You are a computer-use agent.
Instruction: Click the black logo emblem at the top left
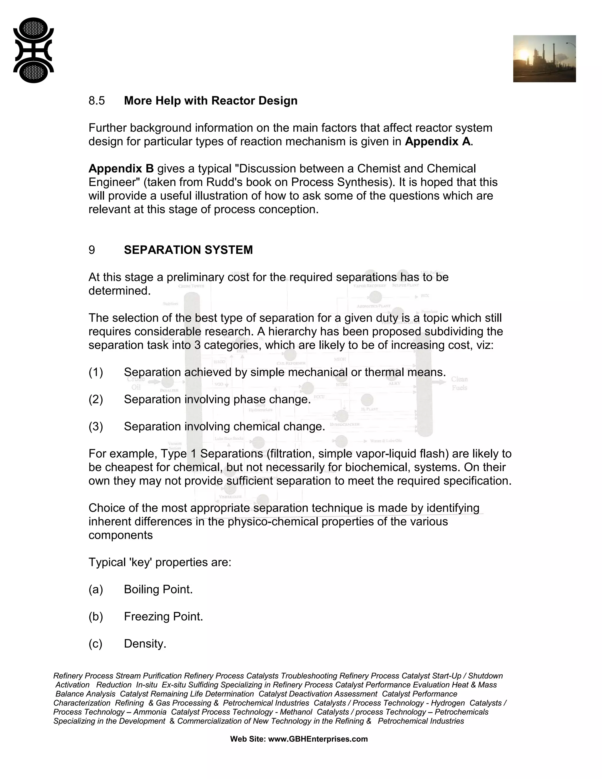pyautogui.click(x=33, y=50)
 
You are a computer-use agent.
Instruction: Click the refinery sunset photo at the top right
pyautogui.click(x=544, y=59)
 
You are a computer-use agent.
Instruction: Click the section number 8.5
pyautogui.click(x=97, y=101)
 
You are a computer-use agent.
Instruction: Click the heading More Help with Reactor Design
pyautogui.click(x=210, y=101)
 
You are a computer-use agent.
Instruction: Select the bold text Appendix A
pyautogui.click(x=438, y=142)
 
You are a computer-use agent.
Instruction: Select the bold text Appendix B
pyautogui.click(x=121, y=169)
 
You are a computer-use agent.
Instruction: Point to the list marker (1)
pyautogui.click(x=96, y=372)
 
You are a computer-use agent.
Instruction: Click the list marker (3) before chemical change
pyautogui.click(x=96, y=427)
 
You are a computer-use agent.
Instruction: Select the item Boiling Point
pyautogui.click(x=158, y=589)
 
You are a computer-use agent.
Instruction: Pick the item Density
pyautogui.click(x=145, y=643)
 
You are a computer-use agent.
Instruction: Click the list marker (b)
pyautogui.click(x=96, y=616)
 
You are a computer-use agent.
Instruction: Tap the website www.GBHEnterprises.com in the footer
pyautogui.click(x=317, y=739)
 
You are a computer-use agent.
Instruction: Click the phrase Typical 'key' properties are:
pyautogui.click(x=160, y=562)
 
